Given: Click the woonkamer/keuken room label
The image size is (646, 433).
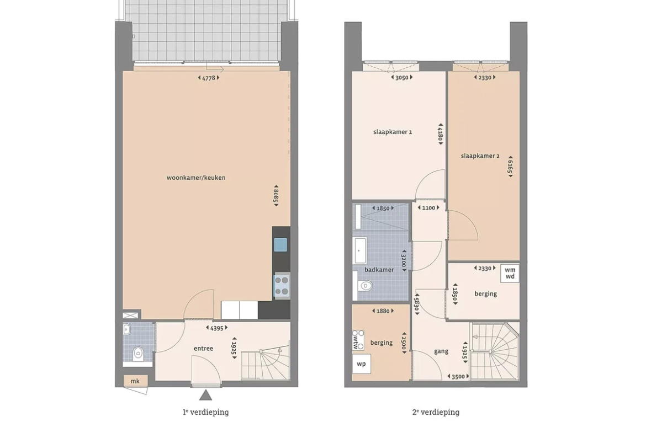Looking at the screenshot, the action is tap(195, 178).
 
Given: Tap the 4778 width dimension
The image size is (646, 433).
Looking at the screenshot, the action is tap(209, 78).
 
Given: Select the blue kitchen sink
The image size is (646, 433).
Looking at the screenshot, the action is tap(280, 245).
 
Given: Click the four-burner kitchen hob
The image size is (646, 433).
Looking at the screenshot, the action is tap(282, 286).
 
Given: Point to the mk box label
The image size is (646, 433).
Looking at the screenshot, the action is tap(135, 381).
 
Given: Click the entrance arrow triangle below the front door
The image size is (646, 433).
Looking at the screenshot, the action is tap(205, 395).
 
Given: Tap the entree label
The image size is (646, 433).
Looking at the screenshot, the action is tap(204, 349).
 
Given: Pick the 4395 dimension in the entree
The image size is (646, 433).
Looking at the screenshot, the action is tap(216, 328).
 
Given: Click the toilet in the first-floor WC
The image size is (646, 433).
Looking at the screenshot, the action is tap(138, 353).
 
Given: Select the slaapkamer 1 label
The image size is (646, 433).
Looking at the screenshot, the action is tap(393, 132).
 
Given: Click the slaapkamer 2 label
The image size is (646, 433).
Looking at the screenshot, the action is tap(480, 156).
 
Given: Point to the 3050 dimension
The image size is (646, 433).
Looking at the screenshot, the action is tap(402, 77).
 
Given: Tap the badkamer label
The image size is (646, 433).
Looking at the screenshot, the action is tap(379, 270).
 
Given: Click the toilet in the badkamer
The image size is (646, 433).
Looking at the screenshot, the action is tap(364, 285).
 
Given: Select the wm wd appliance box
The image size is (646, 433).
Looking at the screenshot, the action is tap(510, 273).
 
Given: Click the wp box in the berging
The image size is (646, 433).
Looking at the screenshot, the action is tap(361, 364).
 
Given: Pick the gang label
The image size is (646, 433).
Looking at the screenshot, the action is tap(441, 351).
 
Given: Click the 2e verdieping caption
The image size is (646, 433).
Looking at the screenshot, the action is tap(436, 412).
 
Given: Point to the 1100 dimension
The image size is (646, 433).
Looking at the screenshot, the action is tap(428, 208).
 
